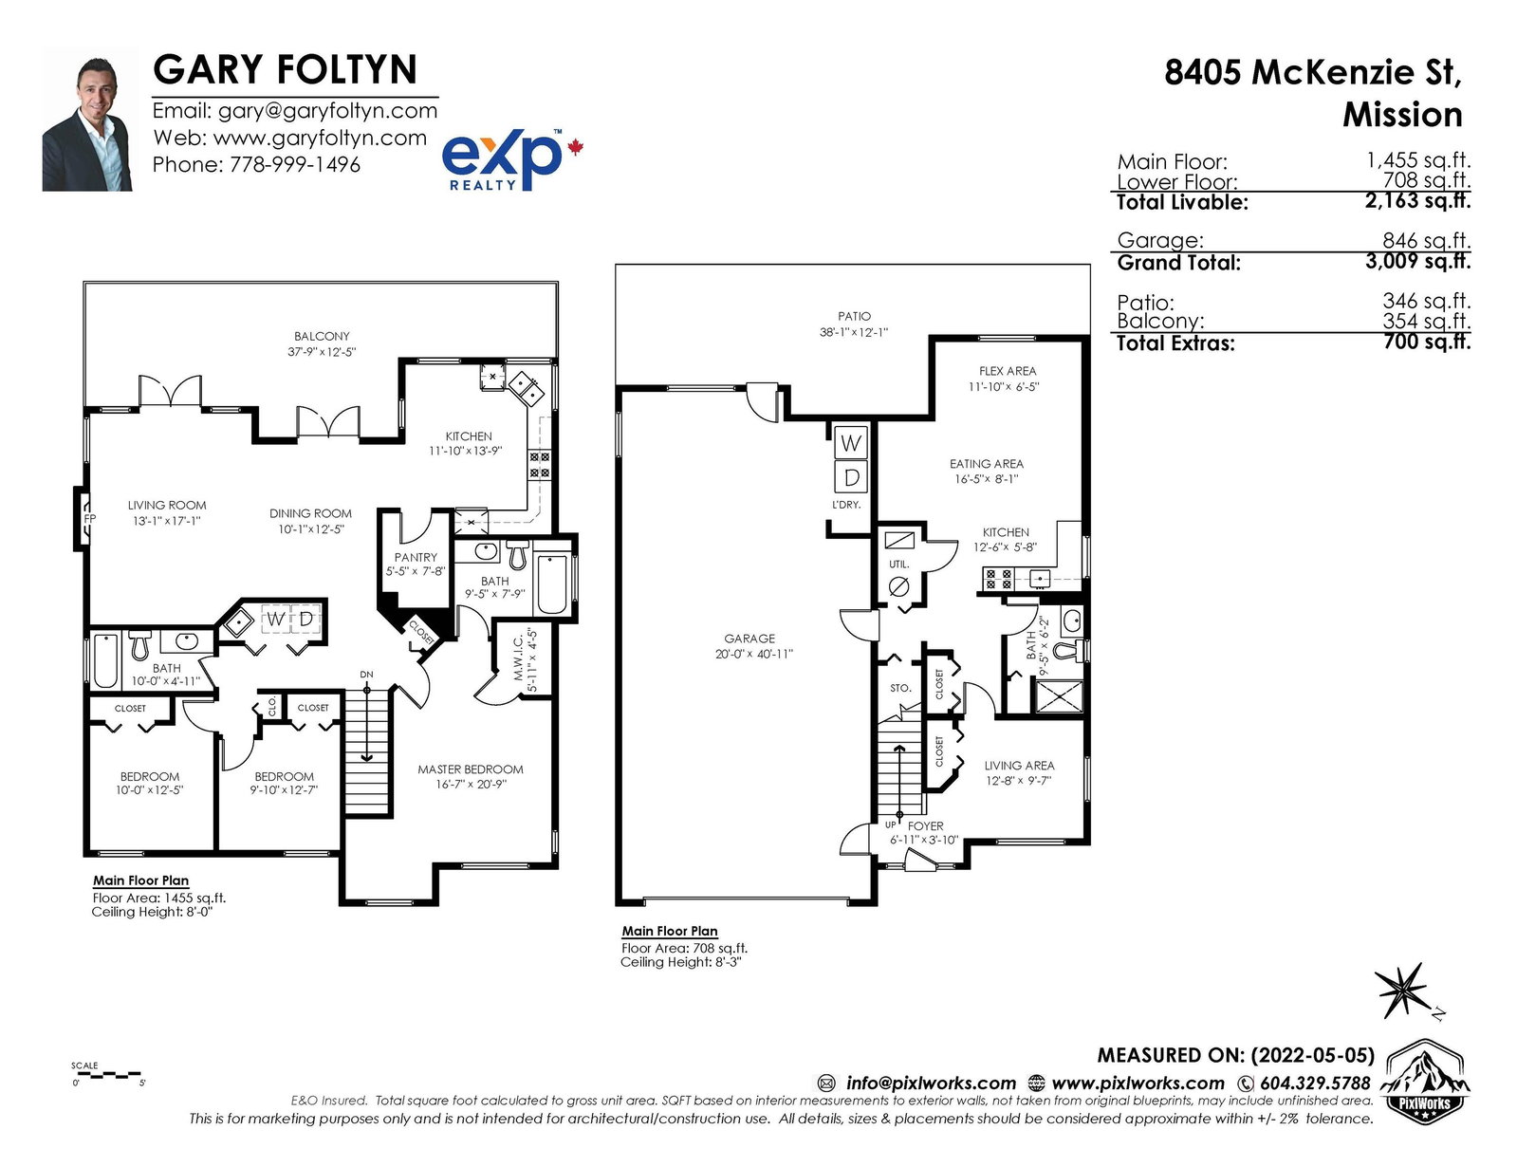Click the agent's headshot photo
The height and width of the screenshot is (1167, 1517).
(87, 120)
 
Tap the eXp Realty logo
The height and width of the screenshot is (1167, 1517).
(511, 159)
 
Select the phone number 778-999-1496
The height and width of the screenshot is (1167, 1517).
(295, 165)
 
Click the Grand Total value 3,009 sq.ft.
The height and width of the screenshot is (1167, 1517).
(1418, 261)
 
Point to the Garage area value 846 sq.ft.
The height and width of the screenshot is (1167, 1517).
(1426, 240)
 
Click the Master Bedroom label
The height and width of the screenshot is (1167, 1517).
(471, 769)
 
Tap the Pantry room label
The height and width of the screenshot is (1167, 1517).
(416, 557)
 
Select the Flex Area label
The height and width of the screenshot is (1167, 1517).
(1008, 371)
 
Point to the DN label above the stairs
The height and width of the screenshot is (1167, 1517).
(366, 675)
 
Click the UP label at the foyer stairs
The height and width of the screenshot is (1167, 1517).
(891, 825)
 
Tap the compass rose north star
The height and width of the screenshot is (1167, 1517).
(1400, 991)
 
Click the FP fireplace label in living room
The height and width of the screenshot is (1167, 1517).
(89, 519)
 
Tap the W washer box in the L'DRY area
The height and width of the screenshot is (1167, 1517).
(851, 442)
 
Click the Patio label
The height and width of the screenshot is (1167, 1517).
(855, 316)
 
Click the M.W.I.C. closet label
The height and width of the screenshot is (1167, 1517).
(518, 658)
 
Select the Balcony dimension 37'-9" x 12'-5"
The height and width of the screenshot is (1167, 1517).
(322, 352)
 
